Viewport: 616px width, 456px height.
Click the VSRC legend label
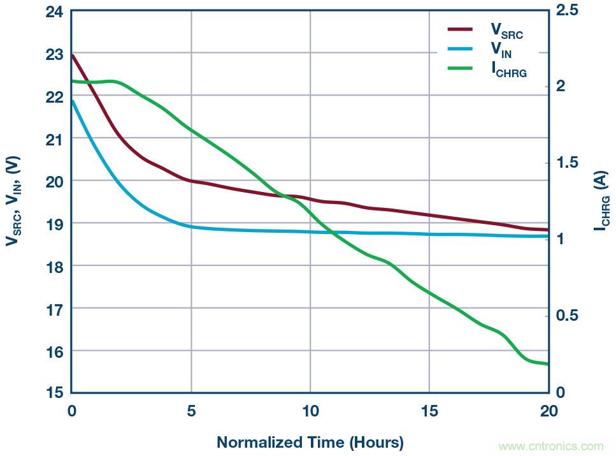(506, 31)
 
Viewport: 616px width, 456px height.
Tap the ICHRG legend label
(509, 70)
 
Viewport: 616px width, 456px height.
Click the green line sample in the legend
(460, 68)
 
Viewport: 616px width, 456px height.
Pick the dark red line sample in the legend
(460, 29)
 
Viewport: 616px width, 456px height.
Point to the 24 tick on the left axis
(55, 11)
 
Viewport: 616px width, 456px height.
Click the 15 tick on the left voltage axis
(55, 393)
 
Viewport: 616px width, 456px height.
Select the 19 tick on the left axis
(55, 223)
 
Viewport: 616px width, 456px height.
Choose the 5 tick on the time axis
(190, 411)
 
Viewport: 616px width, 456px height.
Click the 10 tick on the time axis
(310, 411)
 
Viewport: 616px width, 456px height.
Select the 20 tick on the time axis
(548, 411)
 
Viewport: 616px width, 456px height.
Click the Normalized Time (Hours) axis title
(310, 442)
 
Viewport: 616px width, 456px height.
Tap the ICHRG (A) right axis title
(600, 202)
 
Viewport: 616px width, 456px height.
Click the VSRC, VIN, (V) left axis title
(14, 201)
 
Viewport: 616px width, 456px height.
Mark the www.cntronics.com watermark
(550, 446)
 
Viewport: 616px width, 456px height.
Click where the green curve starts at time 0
(72, 81)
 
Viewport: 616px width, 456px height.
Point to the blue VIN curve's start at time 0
(72, 101)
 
